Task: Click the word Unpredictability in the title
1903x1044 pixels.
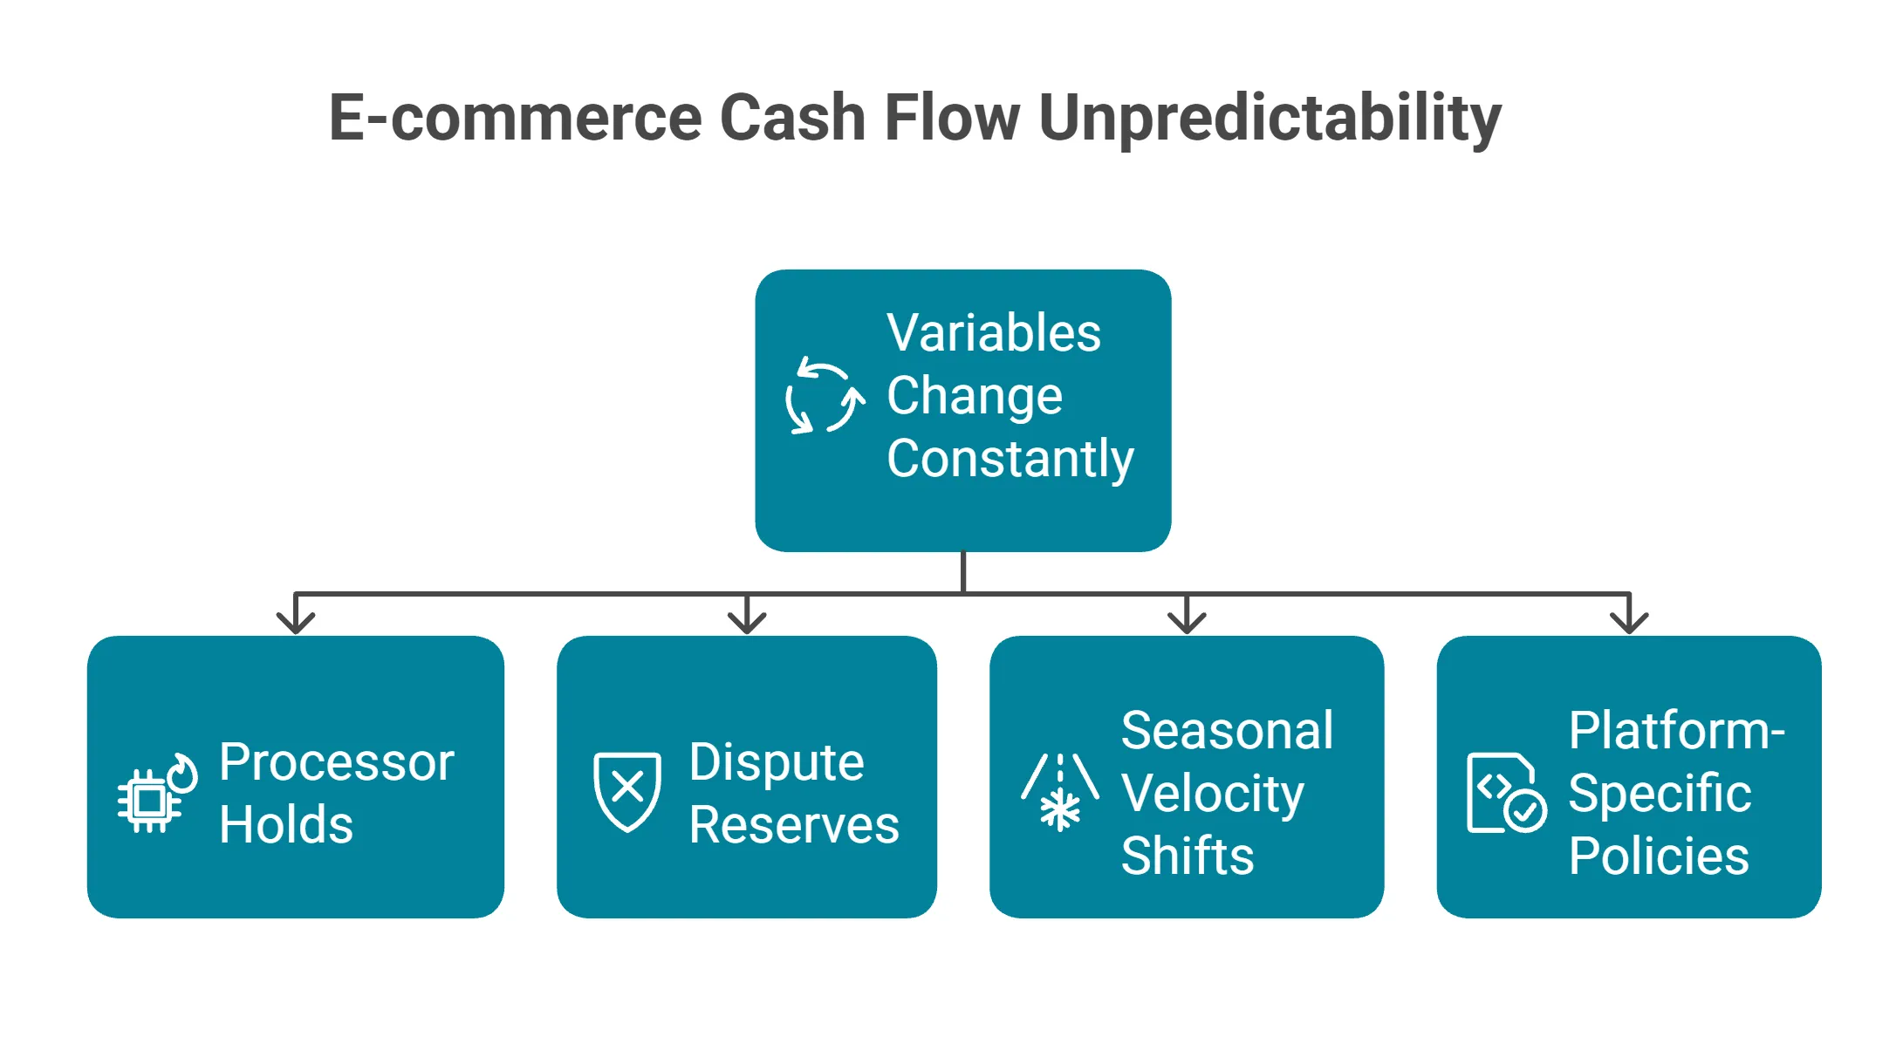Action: (1270, 118)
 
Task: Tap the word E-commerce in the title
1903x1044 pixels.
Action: (515, 118)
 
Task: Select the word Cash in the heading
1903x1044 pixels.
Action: (791, 118)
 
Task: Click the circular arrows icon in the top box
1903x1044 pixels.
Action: (825, 397)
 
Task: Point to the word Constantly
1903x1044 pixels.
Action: (1010, 459)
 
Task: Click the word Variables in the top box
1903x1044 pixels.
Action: (994, 333)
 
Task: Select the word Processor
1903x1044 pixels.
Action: (336, 762)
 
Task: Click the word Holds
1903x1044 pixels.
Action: (286, 825)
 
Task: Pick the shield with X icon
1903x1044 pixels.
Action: (626, 791)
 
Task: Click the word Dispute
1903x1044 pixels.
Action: (776, 762)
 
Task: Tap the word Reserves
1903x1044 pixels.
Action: (793, 825)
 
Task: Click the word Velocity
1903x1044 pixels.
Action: (1212, 794)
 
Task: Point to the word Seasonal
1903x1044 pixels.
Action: (1227, 731)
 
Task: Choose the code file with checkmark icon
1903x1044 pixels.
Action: (1505, 793)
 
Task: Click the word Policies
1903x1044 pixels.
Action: (1658, 856)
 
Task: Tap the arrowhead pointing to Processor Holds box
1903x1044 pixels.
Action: (296, 621)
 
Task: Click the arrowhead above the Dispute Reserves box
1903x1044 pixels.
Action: (747, 621)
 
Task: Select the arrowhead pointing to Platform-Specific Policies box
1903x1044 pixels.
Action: (1629, 621)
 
